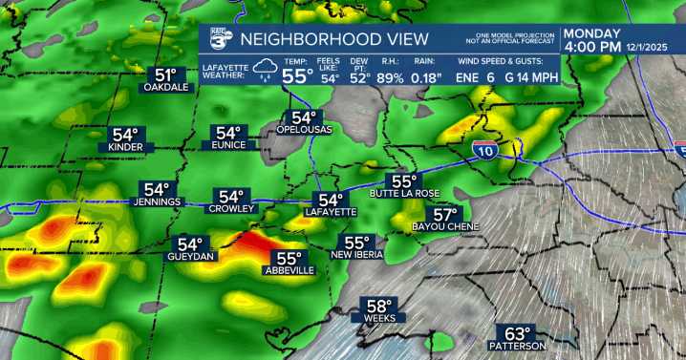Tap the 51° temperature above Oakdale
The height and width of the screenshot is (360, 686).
[x=167, y=75]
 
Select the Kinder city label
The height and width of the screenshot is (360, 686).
[x=125, y=148]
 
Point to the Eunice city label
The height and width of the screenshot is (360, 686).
[x=228, y=146]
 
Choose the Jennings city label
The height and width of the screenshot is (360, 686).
[x=157, y=202]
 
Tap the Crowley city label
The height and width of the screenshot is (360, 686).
[x=232, y=208]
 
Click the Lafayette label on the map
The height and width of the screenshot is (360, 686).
[x=331, y=212]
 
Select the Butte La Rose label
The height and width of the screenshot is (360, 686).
[x=407, y=195]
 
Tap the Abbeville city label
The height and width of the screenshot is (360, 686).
[x=289, y=271]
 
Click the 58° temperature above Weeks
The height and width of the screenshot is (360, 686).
[x=377, y=307]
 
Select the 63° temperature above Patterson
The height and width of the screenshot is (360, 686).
[x=517, y=333]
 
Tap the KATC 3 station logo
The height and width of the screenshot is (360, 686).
[x=220, y=39]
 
